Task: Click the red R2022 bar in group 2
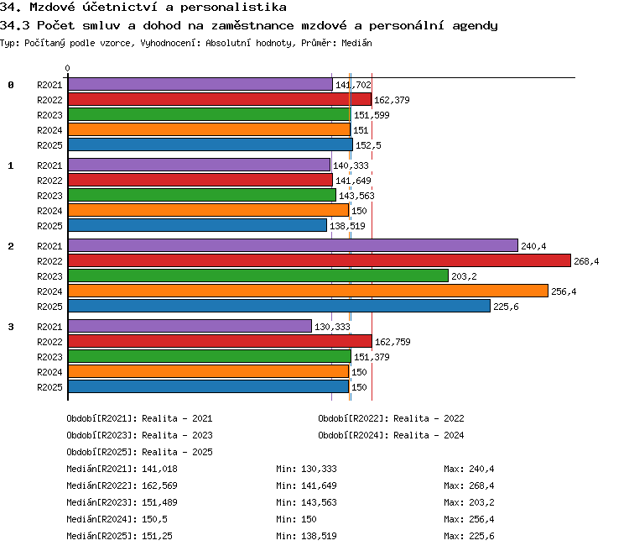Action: (x=320, y=260)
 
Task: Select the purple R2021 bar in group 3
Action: (x=190, y=326)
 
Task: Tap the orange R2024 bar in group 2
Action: (x=308, y=291)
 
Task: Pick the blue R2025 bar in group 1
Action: (x=197, y=225)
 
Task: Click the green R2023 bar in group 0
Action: (x=210, y=114)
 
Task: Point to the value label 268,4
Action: (x=586, y=261)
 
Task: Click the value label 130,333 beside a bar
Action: (x=332, y=327)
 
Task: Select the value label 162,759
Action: (x=392, y=342)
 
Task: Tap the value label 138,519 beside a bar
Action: (x=347, y=226)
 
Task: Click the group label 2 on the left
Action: (x=11, y=246)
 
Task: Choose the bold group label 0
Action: (x=11, y=85)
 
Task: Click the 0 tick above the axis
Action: (x=67, y=68)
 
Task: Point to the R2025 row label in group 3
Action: (x=49, y=387)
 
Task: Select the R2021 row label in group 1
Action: (x=49, y=165)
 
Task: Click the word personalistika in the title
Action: (x=233, y=8)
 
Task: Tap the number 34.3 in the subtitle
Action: (x=14, y=25)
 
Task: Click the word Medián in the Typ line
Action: (x=356, y=43)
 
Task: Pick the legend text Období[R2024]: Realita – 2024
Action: (x=391, y=435)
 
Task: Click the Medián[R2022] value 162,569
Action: (x=159, y=485)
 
